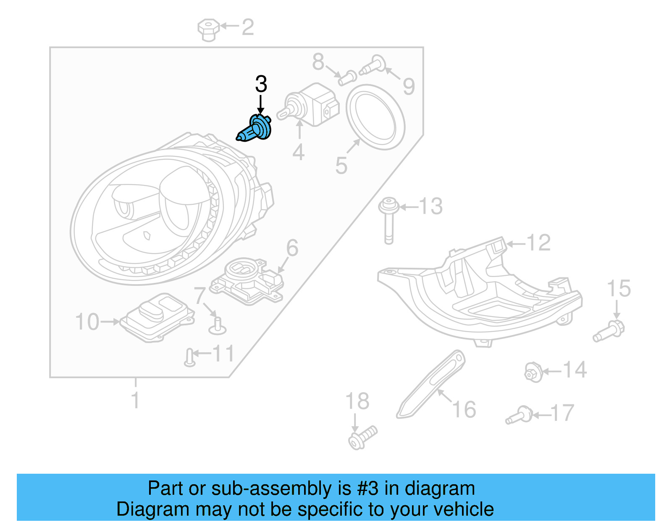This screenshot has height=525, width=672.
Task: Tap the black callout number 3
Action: tap(261, 84)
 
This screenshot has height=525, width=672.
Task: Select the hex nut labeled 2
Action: tap(208, 30)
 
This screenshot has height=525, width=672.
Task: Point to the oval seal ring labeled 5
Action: tap(375, 117)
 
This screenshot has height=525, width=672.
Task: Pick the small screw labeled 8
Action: tap(347, 78)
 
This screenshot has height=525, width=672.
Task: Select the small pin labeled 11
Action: tap(189, 357)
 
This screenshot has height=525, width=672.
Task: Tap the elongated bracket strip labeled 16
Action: tap(430, 385)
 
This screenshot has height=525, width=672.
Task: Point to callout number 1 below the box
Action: tap(135, 400)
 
